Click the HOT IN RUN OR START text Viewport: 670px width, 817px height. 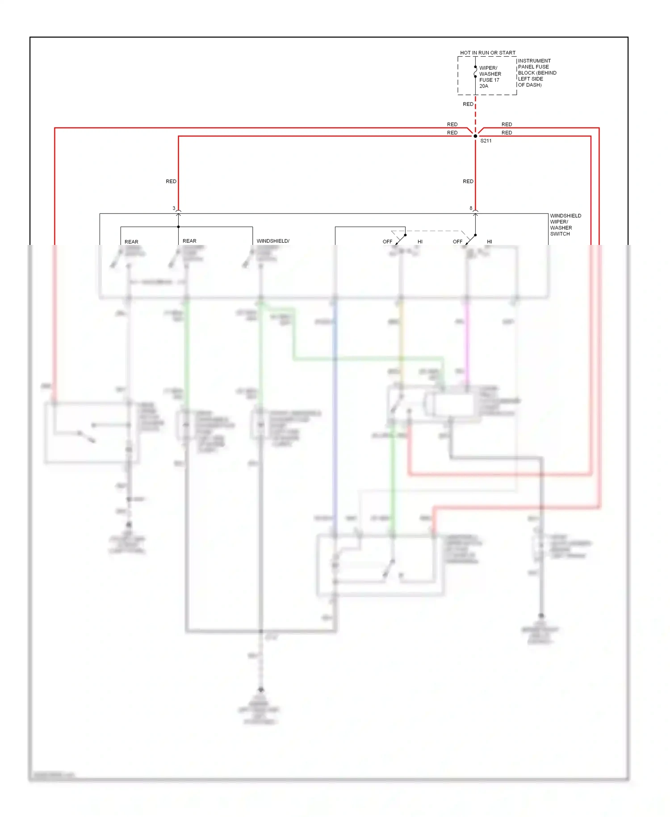487,53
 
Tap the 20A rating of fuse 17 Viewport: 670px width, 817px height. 484,86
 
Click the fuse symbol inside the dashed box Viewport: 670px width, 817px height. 475,72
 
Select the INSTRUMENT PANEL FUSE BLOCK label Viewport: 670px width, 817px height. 536,73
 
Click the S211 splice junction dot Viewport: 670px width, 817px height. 475,136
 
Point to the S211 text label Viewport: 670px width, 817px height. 486,141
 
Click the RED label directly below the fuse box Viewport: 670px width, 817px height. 468,104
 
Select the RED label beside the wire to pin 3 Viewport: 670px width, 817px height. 171,181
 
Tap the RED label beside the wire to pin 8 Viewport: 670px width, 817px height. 468,181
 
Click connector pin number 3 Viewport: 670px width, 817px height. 174,208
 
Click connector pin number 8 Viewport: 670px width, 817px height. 471,208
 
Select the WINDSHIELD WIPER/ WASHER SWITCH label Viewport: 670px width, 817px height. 565,225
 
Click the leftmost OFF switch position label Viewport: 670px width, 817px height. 387,242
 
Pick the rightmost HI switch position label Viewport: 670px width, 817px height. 490,242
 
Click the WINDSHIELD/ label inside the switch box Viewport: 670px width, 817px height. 273,241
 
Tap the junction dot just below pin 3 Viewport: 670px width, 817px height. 178,227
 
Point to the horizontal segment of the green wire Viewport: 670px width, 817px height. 366,358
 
